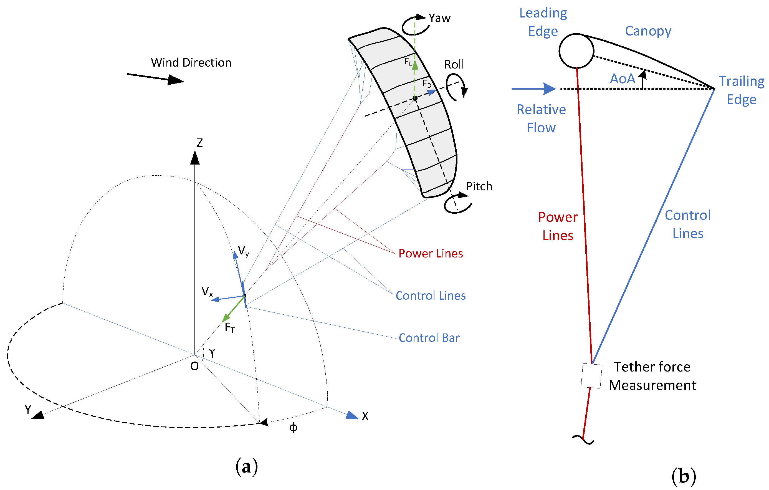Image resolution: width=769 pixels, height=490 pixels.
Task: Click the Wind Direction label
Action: point(191,63)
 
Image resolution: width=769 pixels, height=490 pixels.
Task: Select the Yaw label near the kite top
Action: point(439,18)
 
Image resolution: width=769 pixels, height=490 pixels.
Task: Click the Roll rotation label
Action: point(454,65)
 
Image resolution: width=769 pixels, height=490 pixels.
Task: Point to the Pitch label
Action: point(479,186)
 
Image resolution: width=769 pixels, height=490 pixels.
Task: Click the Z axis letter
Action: point(199,143)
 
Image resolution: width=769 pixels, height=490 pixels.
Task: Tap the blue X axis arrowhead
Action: point(352,415)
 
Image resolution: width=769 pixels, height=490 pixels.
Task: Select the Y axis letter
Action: point(28,410)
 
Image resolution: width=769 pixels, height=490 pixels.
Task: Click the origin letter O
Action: point(194,366)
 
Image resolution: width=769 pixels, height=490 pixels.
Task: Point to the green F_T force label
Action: point(230,328)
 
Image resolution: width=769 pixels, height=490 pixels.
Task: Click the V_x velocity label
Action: point(207,291)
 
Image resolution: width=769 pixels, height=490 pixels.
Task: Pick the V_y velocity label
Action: point(243,251)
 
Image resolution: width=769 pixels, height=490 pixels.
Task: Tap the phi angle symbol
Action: point(293,427)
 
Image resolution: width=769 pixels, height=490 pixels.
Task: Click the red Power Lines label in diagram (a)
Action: point(431,254)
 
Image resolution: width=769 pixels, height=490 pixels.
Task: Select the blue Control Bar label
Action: point(429,338)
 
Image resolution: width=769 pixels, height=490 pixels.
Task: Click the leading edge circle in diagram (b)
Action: point(576,51)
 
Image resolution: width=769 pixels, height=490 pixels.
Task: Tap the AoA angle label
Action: point(622,79)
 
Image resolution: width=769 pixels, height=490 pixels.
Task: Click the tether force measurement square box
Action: point(591,376)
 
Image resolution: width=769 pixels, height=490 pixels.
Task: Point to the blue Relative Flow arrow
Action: point(533,89)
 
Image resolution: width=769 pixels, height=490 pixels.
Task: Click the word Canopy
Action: point(648,31)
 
